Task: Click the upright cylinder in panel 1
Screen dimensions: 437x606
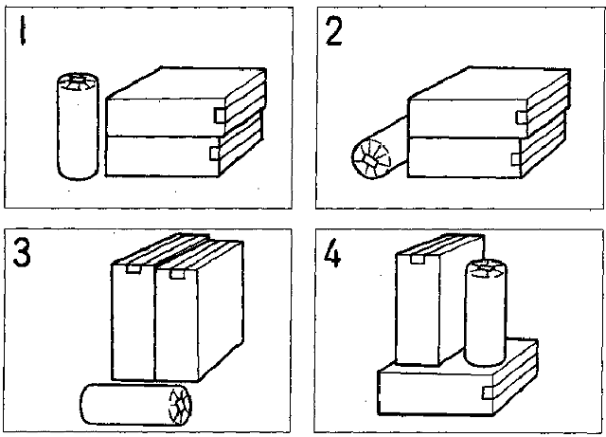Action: click(75, 133)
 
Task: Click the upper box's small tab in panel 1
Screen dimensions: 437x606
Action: click(219, 115)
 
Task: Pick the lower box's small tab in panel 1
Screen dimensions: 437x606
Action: click(215, 153)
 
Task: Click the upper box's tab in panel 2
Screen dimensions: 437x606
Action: click(522, 116)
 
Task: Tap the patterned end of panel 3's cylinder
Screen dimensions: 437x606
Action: click(178, 402)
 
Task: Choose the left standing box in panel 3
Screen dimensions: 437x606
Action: click(133, 322)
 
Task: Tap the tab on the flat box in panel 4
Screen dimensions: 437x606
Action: click(488, 391)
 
